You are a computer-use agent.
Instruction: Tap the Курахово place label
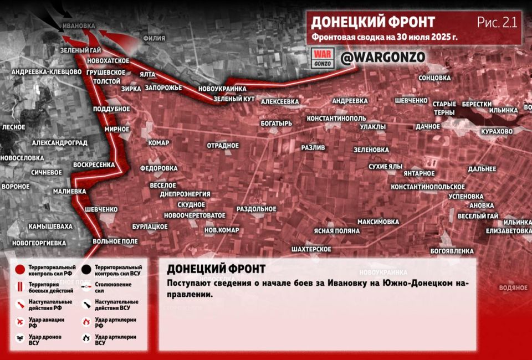(497, 131)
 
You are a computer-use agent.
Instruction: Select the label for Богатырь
(275, 123)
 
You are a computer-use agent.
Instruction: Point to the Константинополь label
(336, 119)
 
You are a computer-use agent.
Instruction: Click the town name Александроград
(60, 142)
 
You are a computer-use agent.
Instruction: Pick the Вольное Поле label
(115, 241)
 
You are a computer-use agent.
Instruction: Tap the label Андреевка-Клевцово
(46, 72)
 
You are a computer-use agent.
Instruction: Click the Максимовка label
(378, 222)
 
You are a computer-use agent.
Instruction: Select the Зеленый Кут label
(234, 99)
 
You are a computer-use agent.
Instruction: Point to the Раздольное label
(256, 209)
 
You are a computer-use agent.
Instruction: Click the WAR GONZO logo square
(321, 58)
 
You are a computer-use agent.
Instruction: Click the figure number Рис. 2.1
(497, 22)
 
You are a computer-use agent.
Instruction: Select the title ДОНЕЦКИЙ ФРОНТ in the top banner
(372, 22)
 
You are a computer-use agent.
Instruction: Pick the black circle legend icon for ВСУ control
(86, 270)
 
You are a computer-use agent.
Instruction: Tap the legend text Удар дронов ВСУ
(45, 340)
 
